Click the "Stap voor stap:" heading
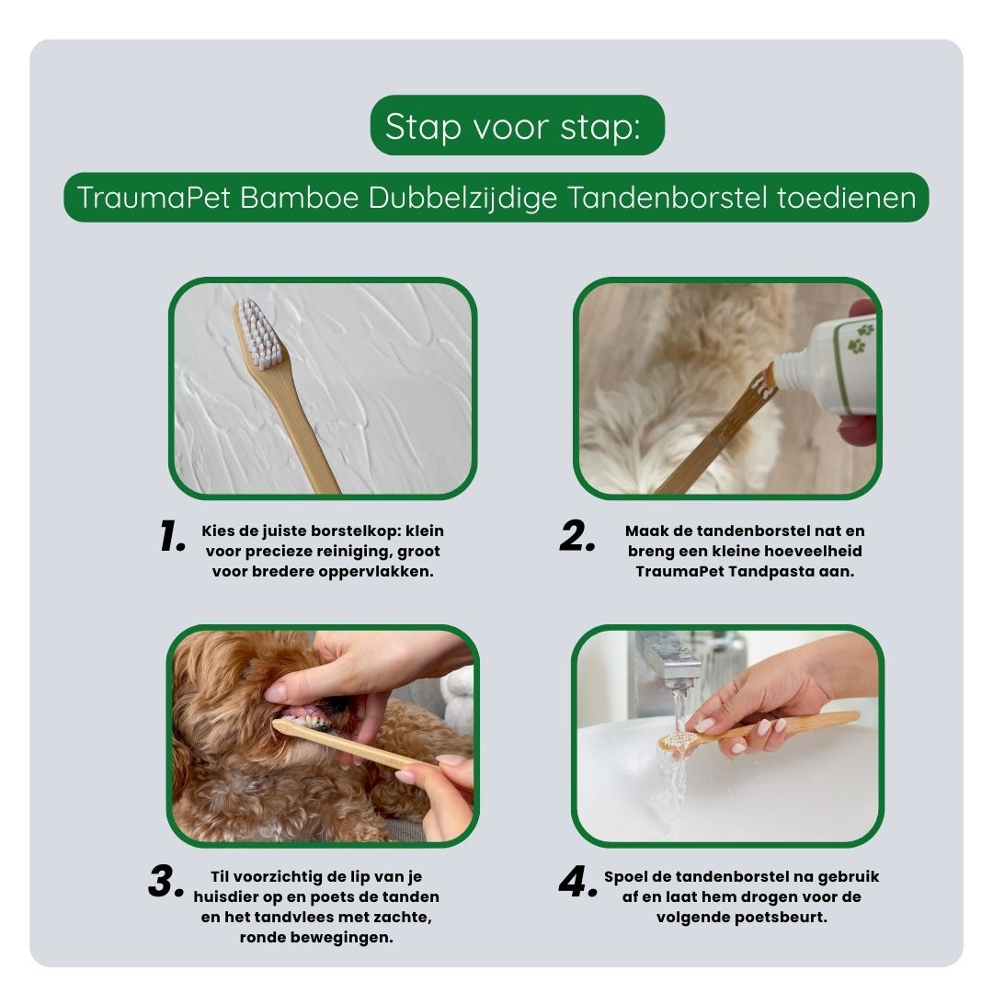(512, 127)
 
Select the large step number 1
(172, 536)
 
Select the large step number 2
(577, 536)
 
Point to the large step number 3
(165, 881)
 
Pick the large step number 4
(578, 881)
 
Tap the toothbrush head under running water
(679, 741)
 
